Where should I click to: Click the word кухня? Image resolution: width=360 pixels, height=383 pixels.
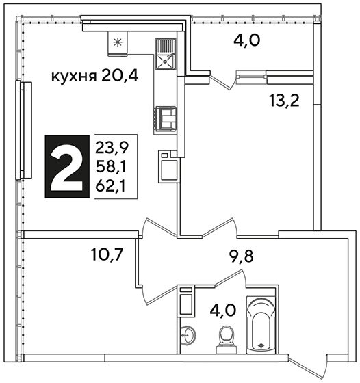tap(73, 77)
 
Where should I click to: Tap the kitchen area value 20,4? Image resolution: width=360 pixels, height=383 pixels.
tap(119, 76)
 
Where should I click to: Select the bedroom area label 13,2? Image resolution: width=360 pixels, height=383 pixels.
tap(284, 101)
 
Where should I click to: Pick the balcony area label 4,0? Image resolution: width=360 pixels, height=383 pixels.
tap(247, 40)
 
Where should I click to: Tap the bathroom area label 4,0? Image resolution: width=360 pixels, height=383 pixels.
tap(223, 310)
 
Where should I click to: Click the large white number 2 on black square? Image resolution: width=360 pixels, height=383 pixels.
tap(67, 166)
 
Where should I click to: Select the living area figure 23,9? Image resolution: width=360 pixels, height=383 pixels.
tap(112, 148)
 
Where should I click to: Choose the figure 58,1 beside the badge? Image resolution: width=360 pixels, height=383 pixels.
tap(111, 167)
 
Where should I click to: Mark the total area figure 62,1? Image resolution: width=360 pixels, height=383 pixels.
tap(110, 186)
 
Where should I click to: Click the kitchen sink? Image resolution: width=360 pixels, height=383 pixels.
tap(166, 54)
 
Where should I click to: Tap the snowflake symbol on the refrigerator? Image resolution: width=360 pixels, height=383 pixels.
tap(117, 43)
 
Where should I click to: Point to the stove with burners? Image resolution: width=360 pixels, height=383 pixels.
tap(165, 119)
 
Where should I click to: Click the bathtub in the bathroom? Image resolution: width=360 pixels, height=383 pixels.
tap(261, 325)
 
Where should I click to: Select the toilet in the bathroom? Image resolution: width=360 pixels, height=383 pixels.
tap(227, 339)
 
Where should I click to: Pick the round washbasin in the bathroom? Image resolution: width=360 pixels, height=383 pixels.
tap(188, 335)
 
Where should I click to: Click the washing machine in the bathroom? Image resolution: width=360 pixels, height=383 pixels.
tap(186, 301)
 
